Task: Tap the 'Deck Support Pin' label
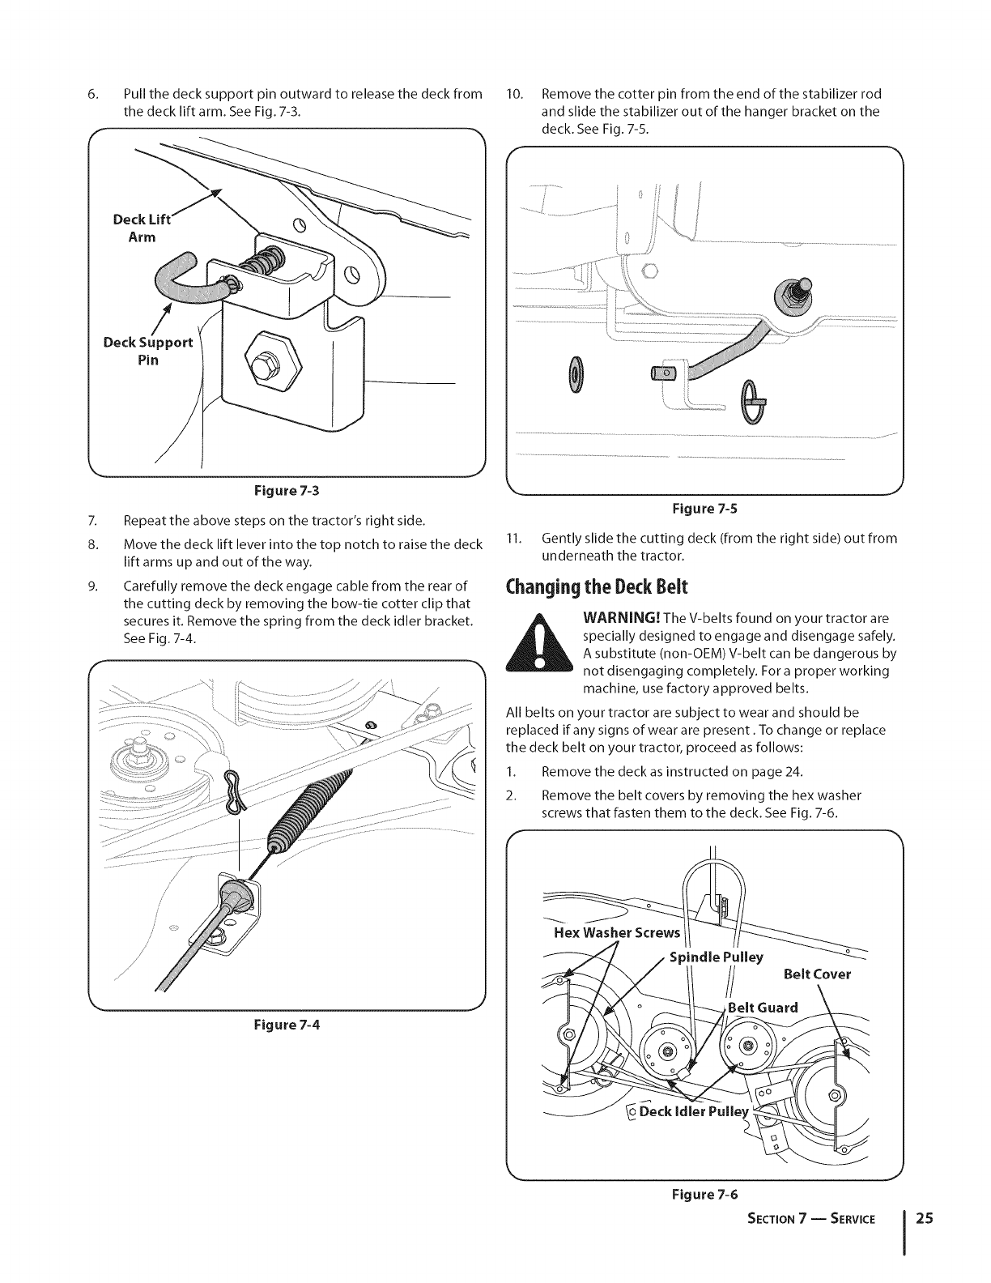pos(148,351)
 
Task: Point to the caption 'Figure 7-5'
pos(705,509)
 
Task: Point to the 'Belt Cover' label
pos(818,974)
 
